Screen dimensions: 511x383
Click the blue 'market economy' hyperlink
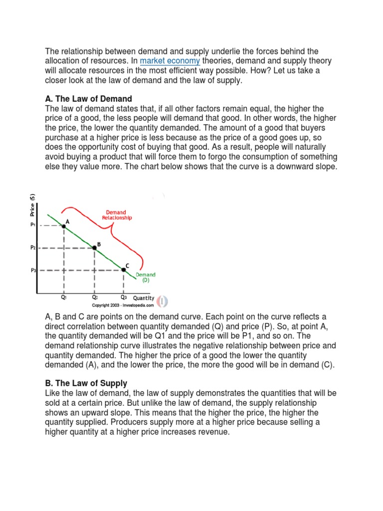170,61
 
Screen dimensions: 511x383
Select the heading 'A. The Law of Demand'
88,99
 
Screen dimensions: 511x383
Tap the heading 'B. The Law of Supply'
86,383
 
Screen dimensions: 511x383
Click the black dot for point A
64,226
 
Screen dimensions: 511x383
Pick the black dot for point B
95,248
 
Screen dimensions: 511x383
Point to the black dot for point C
124,270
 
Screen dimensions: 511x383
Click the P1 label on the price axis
33,225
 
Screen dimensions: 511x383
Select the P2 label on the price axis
33,248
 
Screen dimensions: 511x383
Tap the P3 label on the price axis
33,270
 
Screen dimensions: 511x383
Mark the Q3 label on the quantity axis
124,297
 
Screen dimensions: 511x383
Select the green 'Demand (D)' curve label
145,277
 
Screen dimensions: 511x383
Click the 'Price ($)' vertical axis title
32,204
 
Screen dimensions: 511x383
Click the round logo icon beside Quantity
163,301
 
